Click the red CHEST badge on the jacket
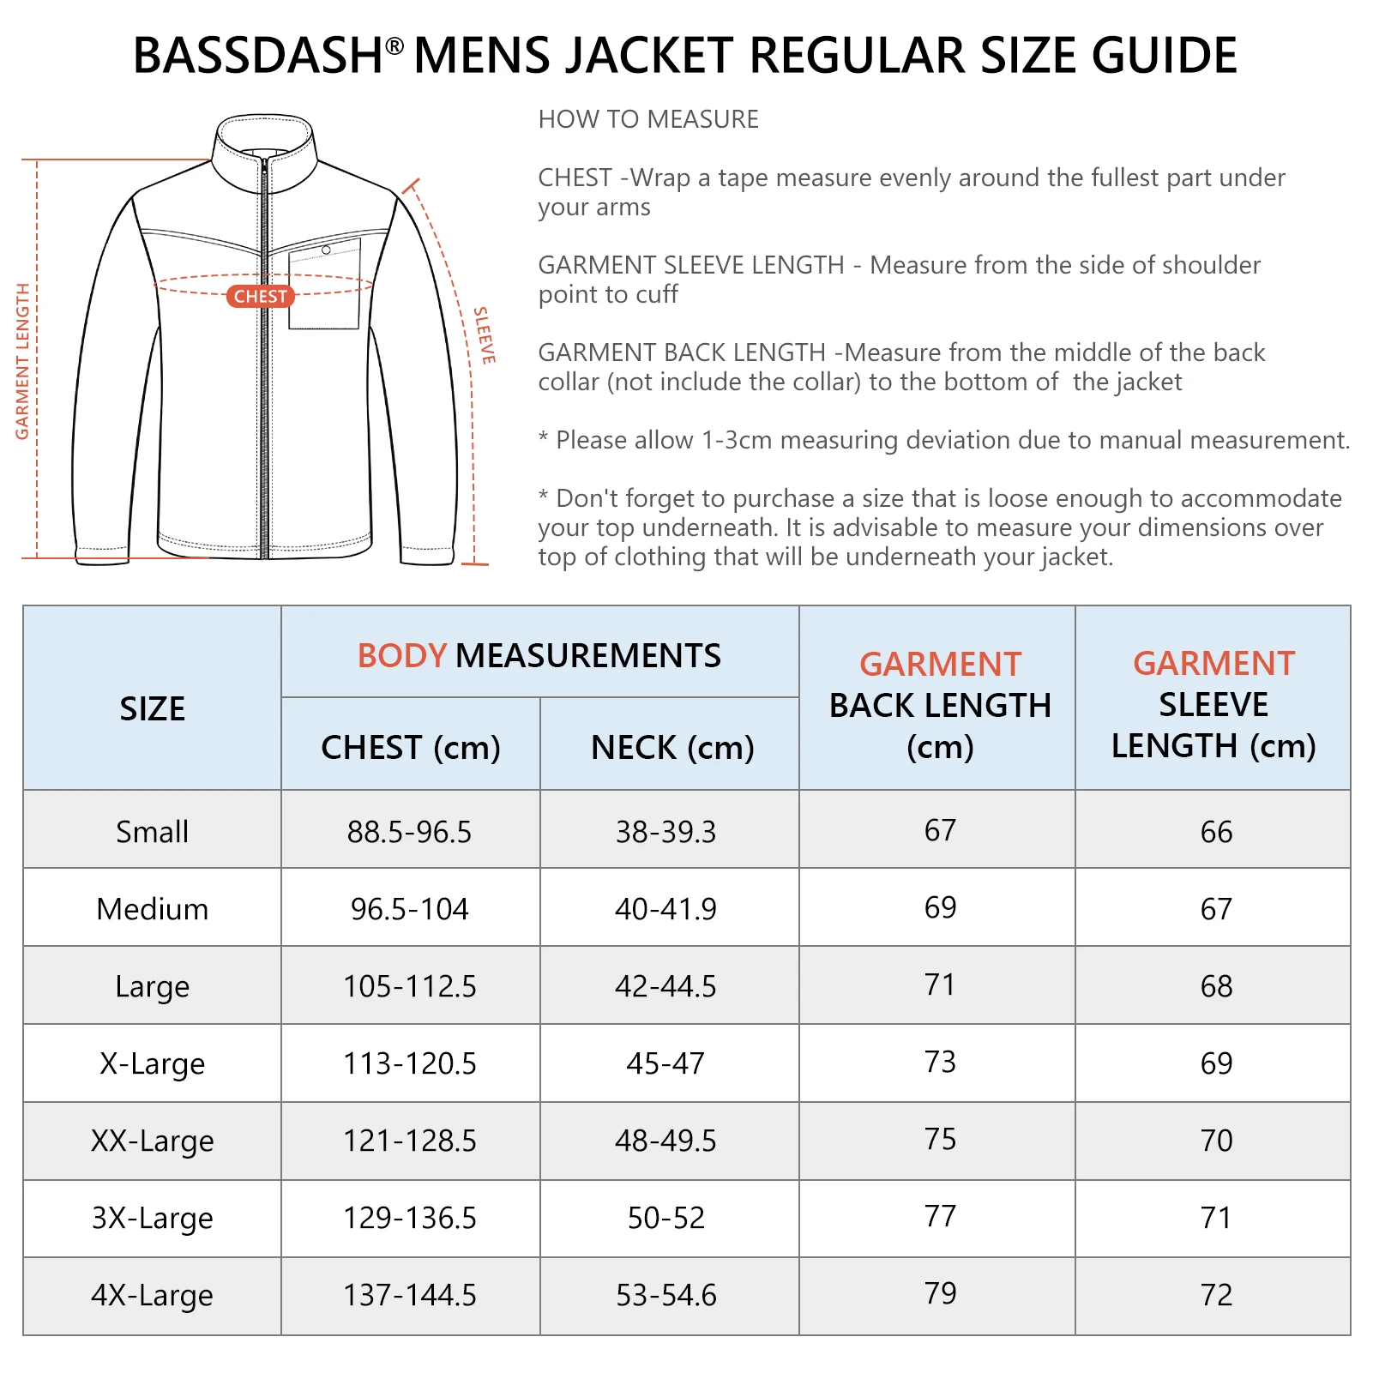[260, 296]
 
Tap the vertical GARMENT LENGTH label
[22, 361]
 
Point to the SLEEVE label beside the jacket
[485, 335]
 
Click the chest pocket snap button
[326, 250]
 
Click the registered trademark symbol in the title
[394, 45]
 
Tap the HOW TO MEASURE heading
[648, 119]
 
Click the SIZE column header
[152, 709]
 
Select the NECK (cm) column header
[672, 747]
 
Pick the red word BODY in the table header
[401, 656]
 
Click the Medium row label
[152, 909]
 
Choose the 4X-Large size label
[152, 1295]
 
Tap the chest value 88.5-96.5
[409, 832]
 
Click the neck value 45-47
[665, 1063]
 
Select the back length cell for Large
[940, 985]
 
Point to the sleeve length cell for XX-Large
[1216, 1141]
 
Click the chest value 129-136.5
[409, 1218]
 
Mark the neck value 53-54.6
[665, 1295]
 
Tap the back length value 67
[940, 830]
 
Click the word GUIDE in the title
[1164, 56]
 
